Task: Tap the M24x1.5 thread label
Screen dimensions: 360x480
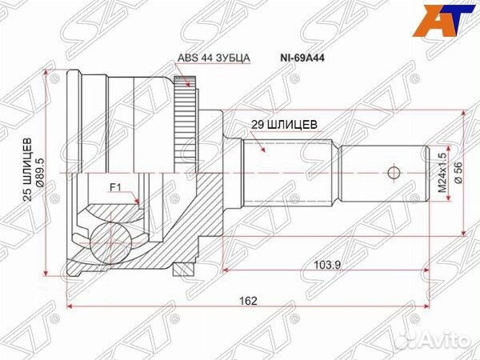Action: coord(441,172)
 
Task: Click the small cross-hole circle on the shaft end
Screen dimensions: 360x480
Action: coord(393,172)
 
